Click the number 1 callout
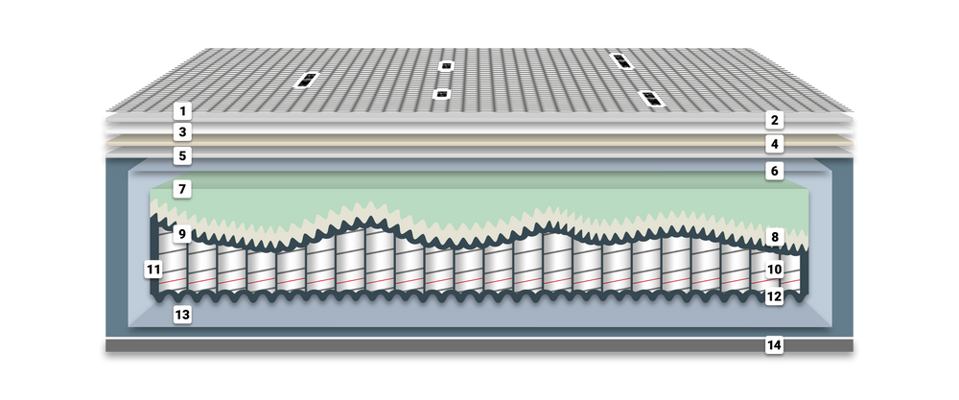pos(182,111)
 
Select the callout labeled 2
pos(774,121)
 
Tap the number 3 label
pos(182,132)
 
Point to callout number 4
pos(774,145)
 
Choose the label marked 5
pos(182,156)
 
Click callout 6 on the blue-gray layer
pos(774,172)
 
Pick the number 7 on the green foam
pos(182,190)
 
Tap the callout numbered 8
pos(774,237)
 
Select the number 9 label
pos(182,234)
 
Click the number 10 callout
pos(774,270)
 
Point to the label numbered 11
pos(154,270)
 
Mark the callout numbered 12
pos(774,297)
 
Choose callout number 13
pos(182,316)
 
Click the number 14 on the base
pos(774,346)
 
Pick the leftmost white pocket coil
pos(173,264)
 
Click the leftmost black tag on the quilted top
pos(306,80)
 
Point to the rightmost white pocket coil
pos(789,272)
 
